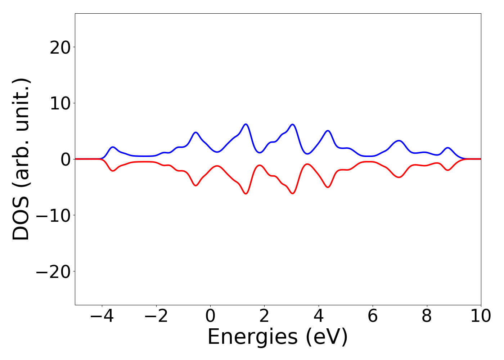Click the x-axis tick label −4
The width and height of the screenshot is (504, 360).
[102, 316]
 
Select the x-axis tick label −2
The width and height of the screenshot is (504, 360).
[156, 316]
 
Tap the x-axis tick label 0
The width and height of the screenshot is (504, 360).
[210, 316]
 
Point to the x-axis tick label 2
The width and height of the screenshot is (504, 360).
[264, 316]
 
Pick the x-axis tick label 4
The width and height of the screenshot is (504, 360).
[319, 316]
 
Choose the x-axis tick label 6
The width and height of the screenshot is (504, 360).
[373, 316]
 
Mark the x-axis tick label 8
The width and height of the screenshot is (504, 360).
[427, 316]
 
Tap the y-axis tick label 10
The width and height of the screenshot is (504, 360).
[60, 103]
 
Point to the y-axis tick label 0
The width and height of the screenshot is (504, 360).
[65, 159]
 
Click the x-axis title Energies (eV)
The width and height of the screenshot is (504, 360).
[278, 337]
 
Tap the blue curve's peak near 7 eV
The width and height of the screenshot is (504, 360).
[399, 141]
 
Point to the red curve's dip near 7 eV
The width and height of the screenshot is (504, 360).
[399, 177]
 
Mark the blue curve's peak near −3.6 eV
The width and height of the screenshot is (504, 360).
[113, 147]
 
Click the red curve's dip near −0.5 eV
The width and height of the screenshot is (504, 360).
[196, 185]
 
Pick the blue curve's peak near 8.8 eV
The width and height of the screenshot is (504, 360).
[448, 148]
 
